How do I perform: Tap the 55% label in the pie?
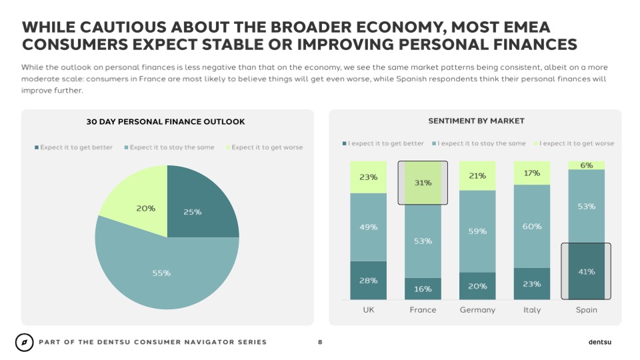tap(161, 273)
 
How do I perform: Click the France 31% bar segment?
tap(423, 183)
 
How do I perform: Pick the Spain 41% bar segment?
tap(586, 271)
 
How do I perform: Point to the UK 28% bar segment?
tap(368, 280)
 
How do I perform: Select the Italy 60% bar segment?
tap(532, 226)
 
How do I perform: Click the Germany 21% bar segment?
tap(477, 176)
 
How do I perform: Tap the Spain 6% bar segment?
tap(586, 165)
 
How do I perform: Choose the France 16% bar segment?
tap(423, 289)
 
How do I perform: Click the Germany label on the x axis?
tap(477, 310)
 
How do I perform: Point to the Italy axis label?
tap(532, 310)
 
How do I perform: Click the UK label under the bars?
tap(368, 310)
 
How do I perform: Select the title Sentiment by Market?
tap(476, 121)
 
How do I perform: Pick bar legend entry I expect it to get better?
tap(385, 143)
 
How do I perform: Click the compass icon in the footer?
tap(25, 342)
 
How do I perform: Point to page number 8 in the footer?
tap(320, 342)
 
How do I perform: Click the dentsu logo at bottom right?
tap(599, 342)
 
